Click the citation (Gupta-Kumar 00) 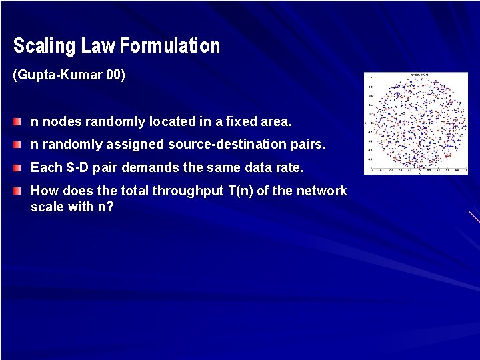tap(69, 75)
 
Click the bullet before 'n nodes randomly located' tap(17, 122)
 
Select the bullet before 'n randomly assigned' tap(17, 145)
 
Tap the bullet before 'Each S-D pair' tap(17, 168)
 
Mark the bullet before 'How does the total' tap(17, 191)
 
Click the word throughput tap(187, 191)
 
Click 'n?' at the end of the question tap(107, 207)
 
